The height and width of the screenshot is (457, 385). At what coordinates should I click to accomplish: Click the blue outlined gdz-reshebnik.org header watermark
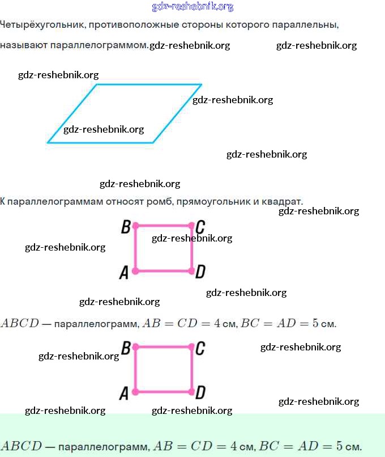tap(192, 7)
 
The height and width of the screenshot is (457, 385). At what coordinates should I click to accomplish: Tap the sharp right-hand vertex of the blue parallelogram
tap(200, 85)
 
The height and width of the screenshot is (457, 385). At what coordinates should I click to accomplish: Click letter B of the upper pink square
tap(126, 227)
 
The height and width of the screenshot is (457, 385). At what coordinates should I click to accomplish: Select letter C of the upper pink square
tap(200, 227)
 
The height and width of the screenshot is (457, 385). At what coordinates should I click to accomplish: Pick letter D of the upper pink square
tap(200, 273)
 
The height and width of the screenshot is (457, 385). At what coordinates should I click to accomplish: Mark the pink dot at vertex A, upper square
tap(135, 271)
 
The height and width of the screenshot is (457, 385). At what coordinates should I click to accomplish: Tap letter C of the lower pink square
tap(200, 348)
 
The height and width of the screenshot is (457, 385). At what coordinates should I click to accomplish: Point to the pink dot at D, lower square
tap(191, 391)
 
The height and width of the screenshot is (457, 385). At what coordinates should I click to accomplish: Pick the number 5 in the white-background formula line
tap(316, 324)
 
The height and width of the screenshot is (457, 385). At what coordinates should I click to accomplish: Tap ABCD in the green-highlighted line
tap(22, 446)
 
